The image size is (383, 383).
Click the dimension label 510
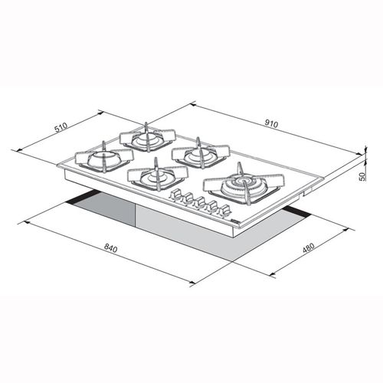coord(61,128)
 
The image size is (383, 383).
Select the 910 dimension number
coord(271,123)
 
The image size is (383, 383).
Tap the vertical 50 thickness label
coord(362,177)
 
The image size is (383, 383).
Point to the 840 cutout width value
coord(110,247)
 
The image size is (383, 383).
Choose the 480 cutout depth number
coord(308,247)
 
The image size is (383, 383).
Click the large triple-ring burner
coord(243,185)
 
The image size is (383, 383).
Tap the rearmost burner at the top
coord(148,139)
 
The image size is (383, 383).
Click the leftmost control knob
coord(175,194)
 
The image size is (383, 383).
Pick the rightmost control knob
coord(224,211)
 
